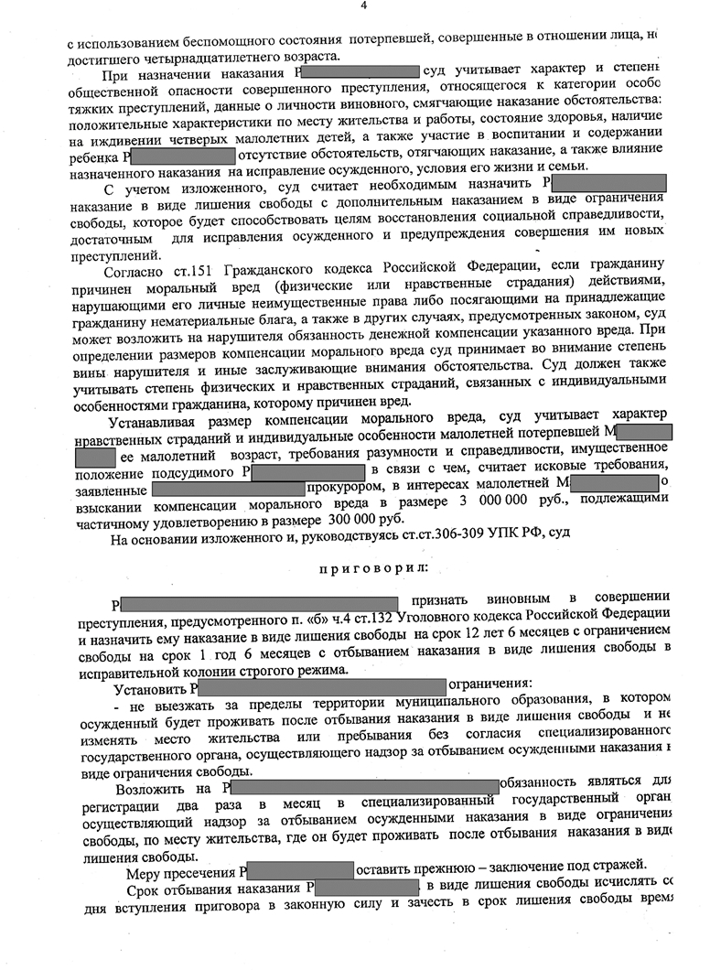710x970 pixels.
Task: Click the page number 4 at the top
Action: [x=363, y=6]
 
